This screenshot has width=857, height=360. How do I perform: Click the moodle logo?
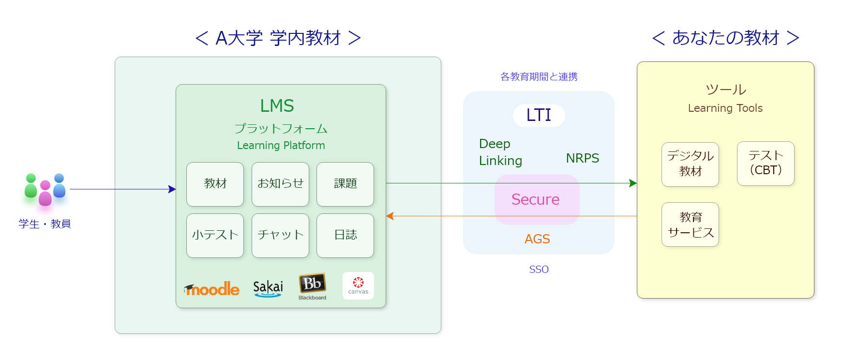click(212, 289)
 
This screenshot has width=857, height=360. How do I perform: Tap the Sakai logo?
click(268, 288)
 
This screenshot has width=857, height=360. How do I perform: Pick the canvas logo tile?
click(358, 285)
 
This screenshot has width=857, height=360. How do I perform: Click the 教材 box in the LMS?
click(215, 184)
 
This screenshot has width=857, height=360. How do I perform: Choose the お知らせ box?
click(280, 184)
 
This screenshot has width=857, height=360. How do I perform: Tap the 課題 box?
click(345, 184)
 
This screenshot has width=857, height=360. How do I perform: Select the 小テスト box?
click(215, 235)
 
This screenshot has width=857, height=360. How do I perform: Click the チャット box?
click(280, 235)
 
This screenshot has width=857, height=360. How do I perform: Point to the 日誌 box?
click(345, 235)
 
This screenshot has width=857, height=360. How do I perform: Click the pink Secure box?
click(537, 199)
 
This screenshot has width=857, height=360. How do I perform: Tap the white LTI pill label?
click(539, 115)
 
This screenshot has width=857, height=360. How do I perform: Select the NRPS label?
click(582, 158)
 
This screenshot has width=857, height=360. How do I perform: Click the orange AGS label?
click(537, 239)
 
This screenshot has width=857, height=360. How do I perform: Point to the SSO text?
click(539, 270)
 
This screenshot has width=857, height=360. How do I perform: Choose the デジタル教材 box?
click(690, 164)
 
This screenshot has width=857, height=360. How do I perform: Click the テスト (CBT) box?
click(766, 163)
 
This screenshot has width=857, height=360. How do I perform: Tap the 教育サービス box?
click(690, 225)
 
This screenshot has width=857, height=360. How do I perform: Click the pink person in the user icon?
click(45, 193)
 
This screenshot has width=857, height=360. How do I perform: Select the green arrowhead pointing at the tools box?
click(633, 183)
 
